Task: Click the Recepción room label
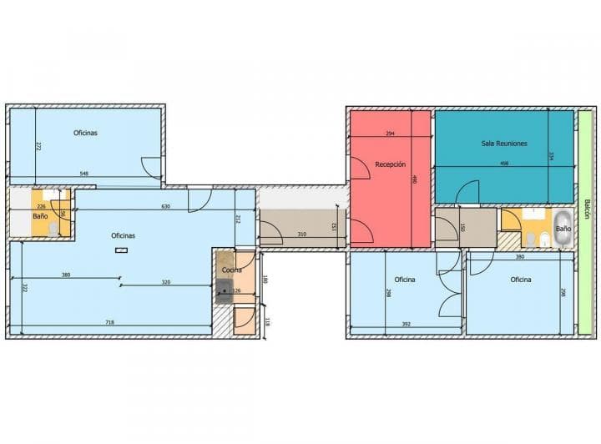point(390,164)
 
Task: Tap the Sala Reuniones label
point(504,144)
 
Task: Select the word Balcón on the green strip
point(587,209)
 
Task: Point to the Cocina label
point(232,270)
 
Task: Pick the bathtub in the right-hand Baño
point(562,228)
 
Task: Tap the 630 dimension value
point(166,207)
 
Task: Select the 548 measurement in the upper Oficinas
point(84,174)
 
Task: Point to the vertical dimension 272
point(38,146)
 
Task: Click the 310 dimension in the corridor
point(301,235)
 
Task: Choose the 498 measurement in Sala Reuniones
point(504,164)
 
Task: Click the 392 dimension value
point(407,325)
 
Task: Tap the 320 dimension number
point(165,282)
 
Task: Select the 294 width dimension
point(390,134)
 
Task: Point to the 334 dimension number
point(551,156)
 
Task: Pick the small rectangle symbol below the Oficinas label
point(121,250)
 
